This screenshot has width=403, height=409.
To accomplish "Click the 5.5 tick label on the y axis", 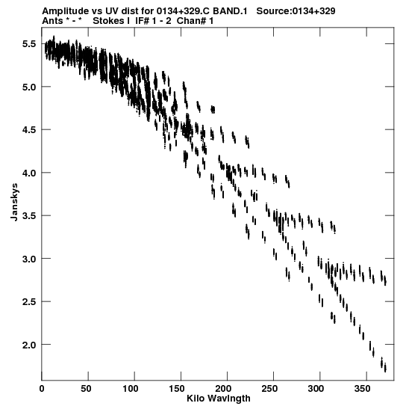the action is click(x=28, y=44).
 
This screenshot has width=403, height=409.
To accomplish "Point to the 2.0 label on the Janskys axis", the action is click(x=28, y=345).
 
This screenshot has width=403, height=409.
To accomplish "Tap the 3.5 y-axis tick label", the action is click(x=28, y=216).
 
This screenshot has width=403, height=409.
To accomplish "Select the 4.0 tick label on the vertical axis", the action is click(x=28, y=173).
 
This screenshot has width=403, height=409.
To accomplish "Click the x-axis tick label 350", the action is click(x=362, y=389).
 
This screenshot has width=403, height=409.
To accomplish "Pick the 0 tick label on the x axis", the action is click(x=42, y=389).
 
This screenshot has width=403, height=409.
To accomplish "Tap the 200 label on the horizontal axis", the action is click(x=228, y=389).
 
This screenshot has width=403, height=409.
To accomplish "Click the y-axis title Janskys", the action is click(x=14, y=202).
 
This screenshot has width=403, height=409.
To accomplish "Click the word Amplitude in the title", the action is click(x=65, y=11).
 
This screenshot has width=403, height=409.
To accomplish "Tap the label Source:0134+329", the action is click(x=296, y=11).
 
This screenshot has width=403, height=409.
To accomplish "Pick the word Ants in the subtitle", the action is click(x=52, y=21).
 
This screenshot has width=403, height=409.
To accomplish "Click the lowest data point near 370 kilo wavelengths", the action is click(x=385, y=368).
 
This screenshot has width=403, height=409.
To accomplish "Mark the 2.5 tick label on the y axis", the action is click(x=28, y=302).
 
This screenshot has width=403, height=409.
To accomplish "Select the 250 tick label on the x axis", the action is click(x=269, y=389).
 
